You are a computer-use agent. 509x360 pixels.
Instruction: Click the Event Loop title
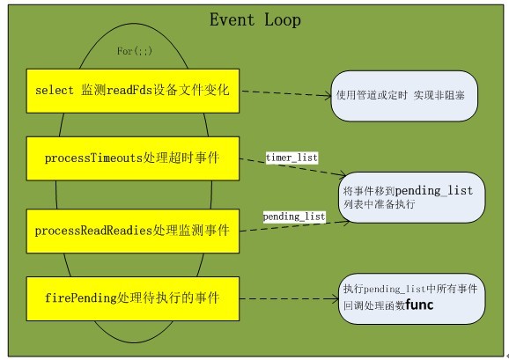(254, 20)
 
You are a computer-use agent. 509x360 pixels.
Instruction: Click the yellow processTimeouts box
(132, 158)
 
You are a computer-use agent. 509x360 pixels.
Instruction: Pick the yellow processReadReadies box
(132, 231)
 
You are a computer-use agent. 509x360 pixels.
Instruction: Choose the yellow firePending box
(132, 298)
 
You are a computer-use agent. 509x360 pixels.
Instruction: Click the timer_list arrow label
(291, 157)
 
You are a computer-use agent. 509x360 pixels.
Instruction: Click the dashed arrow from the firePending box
(289, 298)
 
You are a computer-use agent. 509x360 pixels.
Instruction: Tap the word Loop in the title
(281, 20)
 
